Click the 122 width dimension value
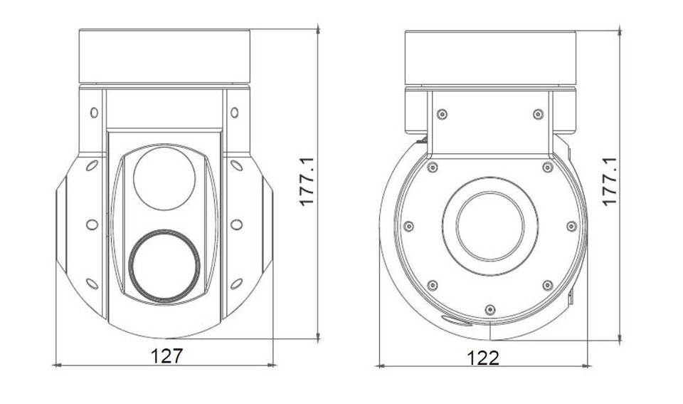pos(483,356)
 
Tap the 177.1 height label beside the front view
pos(307,182)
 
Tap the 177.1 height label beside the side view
pos(610,182)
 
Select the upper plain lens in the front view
pos(164,178)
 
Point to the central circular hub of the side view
pos(489,226)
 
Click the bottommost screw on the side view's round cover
pos(489,309)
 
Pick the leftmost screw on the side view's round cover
pos(408,227)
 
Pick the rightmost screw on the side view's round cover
pos(571,227)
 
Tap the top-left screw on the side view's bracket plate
pos(442,114)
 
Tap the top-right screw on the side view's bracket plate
pos(538,114)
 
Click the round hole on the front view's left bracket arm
pos(93,113)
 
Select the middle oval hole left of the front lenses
pos(92,224)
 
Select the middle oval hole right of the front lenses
pos(236,224)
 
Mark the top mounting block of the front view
pos(164,56)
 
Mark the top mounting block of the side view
pos(489,57)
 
